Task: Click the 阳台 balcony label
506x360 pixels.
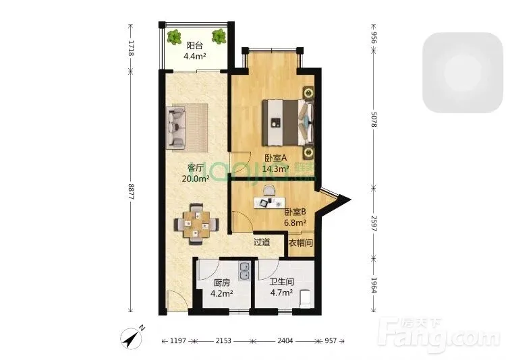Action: [x=194, y=45]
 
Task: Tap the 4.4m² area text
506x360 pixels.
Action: [x=194, y=57]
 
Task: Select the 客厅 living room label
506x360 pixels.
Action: [x=196, y=168]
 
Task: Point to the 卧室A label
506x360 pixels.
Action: [x=275, y=158]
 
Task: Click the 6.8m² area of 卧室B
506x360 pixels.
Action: [x=295, y=222]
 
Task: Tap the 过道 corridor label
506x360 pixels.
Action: [x=262, y=242]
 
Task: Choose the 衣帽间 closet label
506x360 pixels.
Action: [x=300, y=243]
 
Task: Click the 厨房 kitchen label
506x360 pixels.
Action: [x=222, y=283]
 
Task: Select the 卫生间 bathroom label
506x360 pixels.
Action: [x=282, y=282]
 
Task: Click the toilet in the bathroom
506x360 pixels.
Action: [x=305, y=298]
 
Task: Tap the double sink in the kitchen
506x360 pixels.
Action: [x=244, y=271]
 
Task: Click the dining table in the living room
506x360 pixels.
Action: [x=196, y=224]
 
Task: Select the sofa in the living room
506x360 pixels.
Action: [x=176, y=127]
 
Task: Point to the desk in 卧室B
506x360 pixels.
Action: [x=269, y=203]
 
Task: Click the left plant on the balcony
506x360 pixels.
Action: [x=175, y=37]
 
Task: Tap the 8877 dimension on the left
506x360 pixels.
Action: [x=131, y=191]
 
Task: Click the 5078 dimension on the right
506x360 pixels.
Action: [x=373, y=119]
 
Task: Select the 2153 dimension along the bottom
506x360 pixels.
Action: [x=223, y=340]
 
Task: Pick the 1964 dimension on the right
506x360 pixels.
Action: [x=374, y=285]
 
